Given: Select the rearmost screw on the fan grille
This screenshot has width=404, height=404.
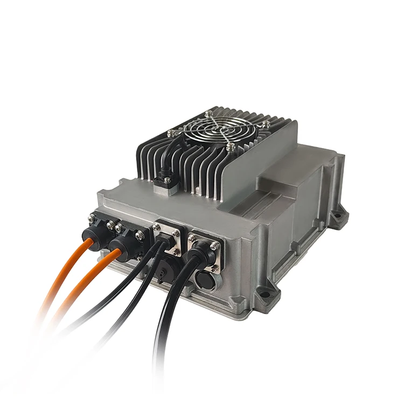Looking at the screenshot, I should click(208, 113).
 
